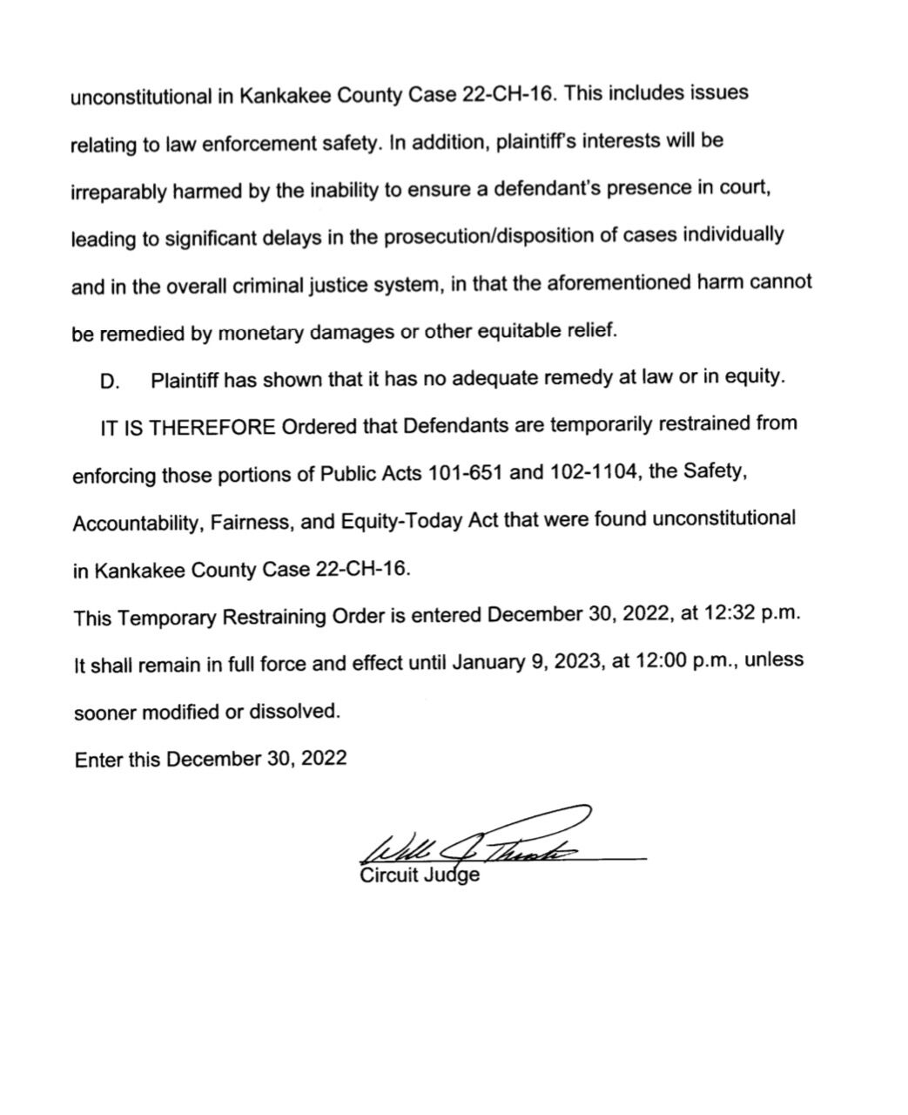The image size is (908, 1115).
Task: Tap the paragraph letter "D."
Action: pos(109,382)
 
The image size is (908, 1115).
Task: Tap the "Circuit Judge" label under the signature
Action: pos(419,875)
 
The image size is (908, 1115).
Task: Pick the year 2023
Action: pos(582,661)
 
